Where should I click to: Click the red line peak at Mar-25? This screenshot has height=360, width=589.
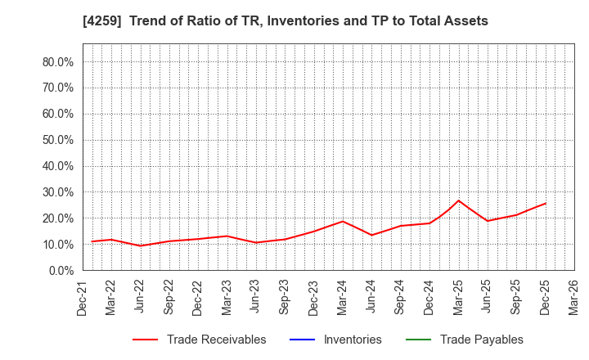(x=458, y=200)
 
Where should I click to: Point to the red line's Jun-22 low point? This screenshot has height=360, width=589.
(x=140, y=245)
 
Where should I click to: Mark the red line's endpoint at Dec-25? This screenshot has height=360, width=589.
(x=546, y=203)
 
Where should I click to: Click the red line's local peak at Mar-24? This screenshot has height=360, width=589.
(x=343, y=221)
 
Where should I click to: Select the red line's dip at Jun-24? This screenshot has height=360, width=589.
(x=371, y=235)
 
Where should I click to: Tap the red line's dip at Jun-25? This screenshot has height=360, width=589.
(x=488, y=221)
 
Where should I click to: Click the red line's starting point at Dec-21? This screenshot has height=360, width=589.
(x=92, y=241)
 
